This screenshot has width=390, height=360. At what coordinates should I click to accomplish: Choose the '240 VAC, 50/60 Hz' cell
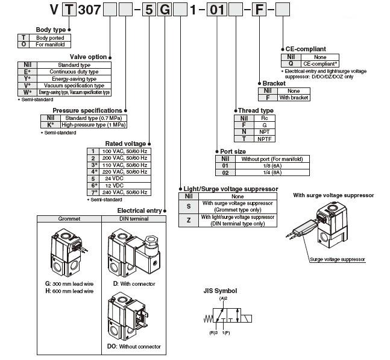125,192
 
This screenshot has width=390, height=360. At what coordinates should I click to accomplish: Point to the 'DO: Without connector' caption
134,347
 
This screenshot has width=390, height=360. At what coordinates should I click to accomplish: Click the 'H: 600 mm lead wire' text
69,291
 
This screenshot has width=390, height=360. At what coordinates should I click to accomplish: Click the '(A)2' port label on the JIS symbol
222,298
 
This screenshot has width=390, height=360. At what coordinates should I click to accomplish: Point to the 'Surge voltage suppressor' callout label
337,259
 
